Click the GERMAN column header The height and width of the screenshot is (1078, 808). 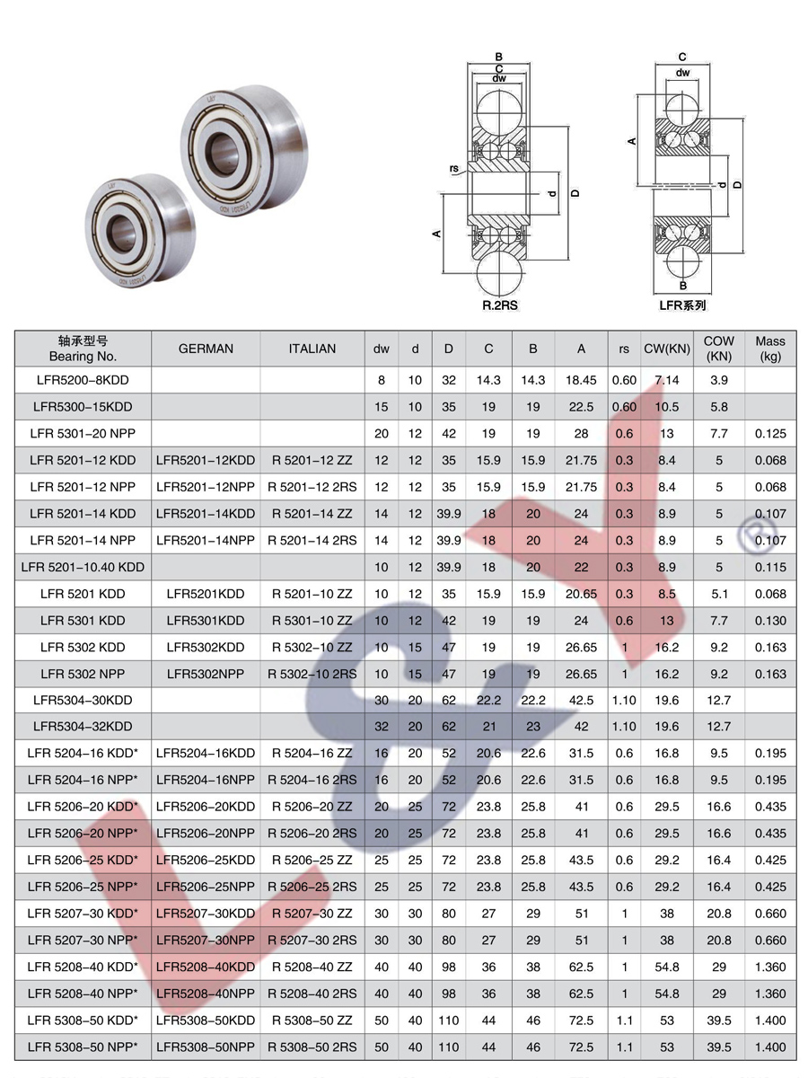click(206, 349)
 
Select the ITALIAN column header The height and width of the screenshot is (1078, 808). click(312, 349)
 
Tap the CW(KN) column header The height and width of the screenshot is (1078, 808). click(667, 349)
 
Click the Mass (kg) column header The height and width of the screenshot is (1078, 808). click(770, 349)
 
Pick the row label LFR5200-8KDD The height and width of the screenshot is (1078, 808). click(83, 380)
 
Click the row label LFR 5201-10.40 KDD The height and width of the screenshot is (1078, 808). click(83, 567)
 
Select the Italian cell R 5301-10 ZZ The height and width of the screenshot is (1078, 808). click(312, 621)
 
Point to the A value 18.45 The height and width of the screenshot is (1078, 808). click(581, 380)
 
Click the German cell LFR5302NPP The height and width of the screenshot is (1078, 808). click(206, 674)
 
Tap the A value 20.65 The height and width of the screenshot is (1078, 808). click(581, 594)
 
